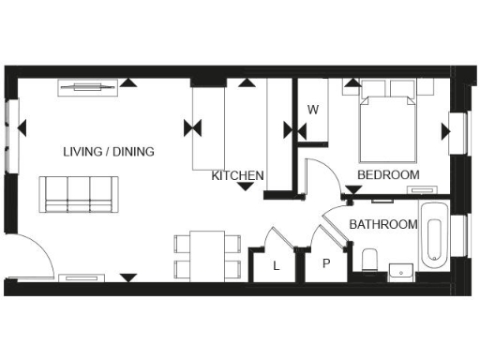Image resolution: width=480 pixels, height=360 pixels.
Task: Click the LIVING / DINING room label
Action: [x=109, y=152]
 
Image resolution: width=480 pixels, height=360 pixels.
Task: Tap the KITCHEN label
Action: [x=237, y=175]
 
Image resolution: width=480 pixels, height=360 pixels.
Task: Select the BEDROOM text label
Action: [x=388, y=175]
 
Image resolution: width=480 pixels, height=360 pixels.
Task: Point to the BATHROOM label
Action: [x=382, y=225]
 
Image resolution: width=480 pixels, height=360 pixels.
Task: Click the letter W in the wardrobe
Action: [x=314, y=110]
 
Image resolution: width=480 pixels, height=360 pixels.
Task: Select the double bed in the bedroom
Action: [x=388, y=127]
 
